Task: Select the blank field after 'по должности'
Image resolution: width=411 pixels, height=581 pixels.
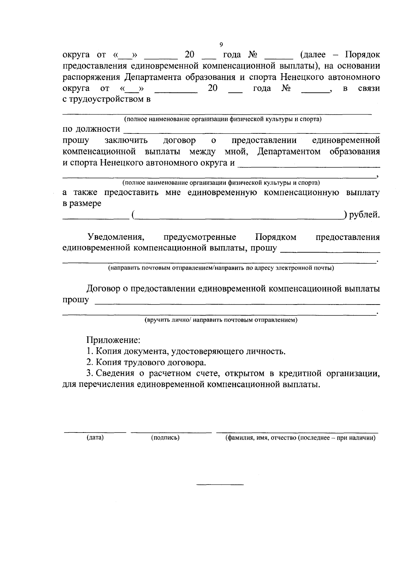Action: pos(251,130)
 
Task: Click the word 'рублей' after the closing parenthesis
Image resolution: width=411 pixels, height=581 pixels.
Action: pos(364,215)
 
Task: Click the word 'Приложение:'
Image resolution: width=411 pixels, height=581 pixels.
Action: pos(113,340)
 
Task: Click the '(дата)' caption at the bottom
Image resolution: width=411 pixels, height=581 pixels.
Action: pos(95,438)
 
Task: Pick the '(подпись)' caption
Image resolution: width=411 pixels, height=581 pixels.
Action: pos(165,438)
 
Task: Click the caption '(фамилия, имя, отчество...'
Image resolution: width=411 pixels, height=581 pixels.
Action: pos(300,438)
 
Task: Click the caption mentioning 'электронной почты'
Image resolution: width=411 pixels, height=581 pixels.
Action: pos(221,268)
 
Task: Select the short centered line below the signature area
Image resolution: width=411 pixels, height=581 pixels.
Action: pos(220,485)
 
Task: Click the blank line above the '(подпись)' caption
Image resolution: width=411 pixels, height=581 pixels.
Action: pos(171,432)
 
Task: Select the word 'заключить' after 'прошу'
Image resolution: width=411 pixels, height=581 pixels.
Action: pos(126,141)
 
